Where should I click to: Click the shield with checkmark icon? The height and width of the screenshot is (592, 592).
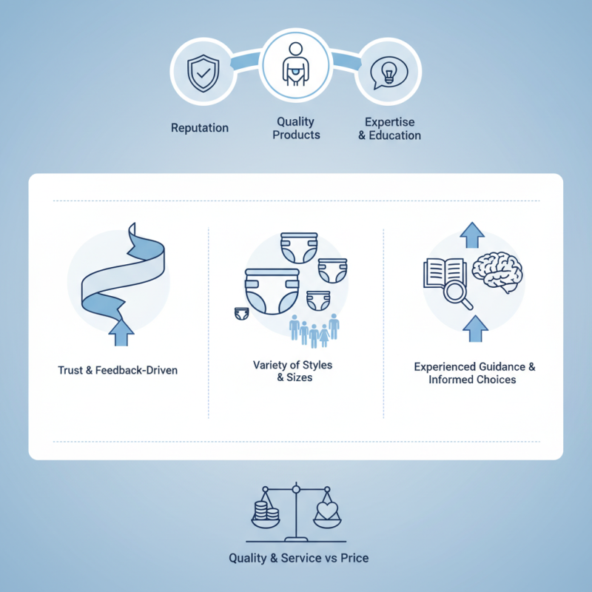pos(203,73)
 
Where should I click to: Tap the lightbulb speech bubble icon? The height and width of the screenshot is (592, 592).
pos(389,73)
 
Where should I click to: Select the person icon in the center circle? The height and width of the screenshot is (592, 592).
pos(295,64)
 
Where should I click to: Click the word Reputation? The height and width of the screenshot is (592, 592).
pos(200,127)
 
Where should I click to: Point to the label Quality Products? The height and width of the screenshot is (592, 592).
pos(296,128)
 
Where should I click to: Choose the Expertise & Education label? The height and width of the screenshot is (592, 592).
pos(390,128)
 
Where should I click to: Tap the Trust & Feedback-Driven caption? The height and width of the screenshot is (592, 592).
pos(118,370)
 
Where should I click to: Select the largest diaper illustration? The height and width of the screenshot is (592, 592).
pos(272,291)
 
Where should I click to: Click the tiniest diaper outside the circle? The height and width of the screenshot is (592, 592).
pos(242,313)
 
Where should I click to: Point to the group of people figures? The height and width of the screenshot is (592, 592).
pos(314,330)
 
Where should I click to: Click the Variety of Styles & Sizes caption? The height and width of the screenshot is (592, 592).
pos(293,371)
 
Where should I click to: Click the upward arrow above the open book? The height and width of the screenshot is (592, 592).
pos(472,235)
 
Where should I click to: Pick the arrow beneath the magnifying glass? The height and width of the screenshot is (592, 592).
pos(475,329)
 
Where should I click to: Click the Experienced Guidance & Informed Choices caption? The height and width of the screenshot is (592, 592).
pos(474,373)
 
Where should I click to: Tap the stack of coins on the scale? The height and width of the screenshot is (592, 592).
pos(266,511)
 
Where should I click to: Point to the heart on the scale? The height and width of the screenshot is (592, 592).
pos(327,511)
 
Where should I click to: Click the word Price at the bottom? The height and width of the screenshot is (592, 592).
pos(354,558)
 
